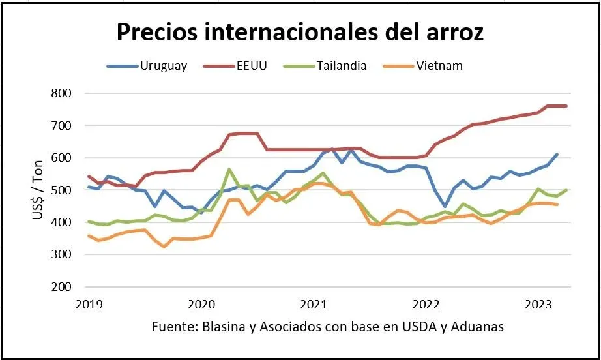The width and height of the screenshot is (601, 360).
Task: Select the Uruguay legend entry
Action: click(163, 65)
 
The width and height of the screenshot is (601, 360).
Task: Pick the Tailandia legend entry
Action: click(343, 65)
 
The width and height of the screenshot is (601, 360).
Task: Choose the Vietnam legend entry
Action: click(439, 65)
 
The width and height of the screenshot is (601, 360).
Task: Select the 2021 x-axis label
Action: click(314, 303)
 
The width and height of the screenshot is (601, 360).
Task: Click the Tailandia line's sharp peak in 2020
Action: click(229, 169)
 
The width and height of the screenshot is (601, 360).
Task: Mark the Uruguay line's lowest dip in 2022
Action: click(445, 207)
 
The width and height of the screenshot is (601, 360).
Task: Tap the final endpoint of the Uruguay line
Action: click(557, 155)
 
